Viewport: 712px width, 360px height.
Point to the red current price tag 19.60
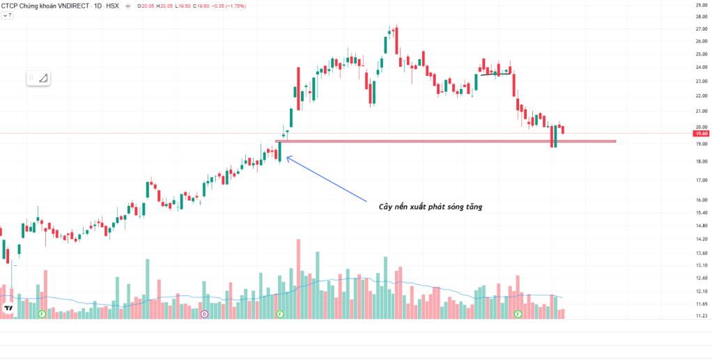point(701,133)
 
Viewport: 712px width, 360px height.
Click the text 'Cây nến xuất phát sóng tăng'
point(425,205)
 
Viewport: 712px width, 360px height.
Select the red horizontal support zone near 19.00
point(446,141)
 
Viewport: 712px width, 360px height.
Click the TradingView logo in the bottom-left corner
point(8,307)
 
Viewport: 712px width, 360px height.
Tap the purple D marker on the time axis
point(204,315)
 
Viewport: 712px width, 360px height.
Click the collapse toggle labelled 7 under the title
point(8,15)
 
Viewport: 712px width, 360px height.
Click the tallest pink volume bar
point(298,279)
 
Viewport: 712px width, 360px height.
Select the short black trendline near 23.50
point(495,73)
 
